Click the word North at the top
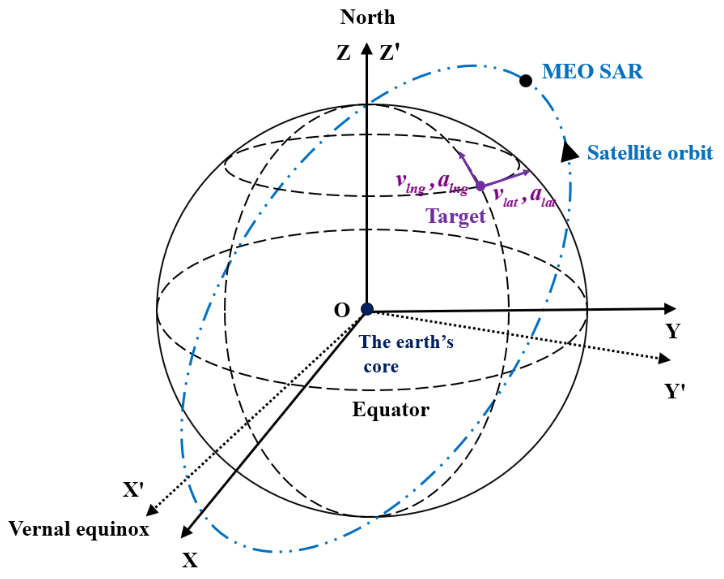coord(367,17)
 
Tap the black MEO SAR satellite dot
coord(526,81)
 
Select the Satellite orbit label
coord(650,153)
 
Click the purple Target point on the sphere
coord(480,186)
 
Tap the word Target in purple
coord(456,216)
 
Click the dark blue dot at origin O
coord(367,309)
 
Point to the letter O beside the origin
coord(342,310)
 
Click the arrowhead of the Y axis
coord(670,309)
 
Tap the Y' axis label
coord(675,391)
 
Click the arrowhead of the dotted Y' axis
coord(664,359)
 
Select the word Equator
coord(390,410)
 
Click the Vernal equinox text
coord(79,529)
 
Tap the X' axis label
coord(133,490)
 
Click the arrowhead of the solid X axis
coord(186,532)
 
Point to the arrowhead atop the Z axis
coord(367,49)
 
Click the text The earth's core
coord(405,354)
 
